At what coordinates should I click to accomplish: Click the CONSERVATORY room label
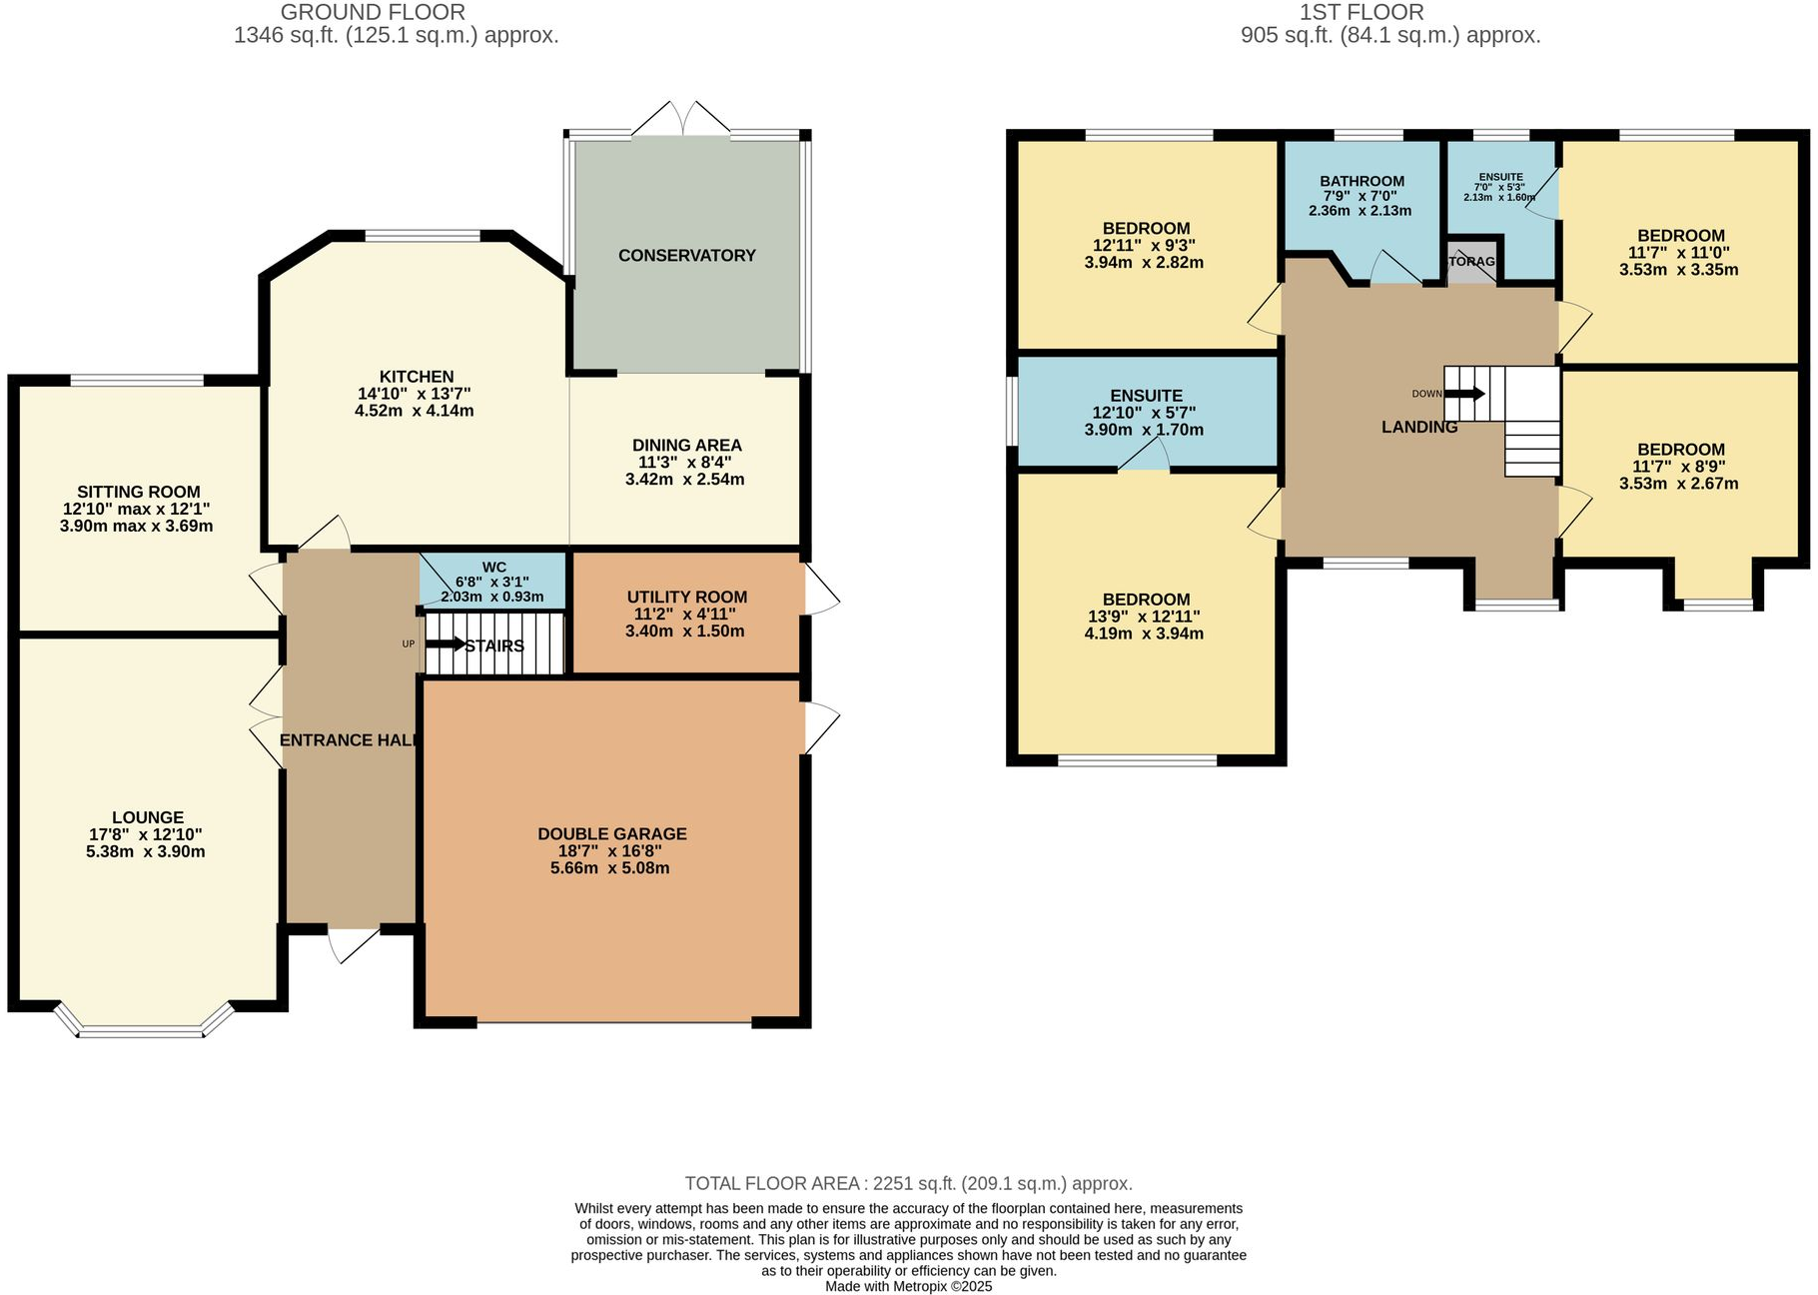coord(687,256)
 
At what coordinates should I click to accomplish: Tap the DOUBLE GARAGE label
coord(612,834)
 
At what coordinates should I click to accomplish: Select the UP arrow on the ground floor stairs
coord(445,645)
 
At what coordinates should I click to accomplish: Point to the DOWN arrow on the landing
coord(1464,394)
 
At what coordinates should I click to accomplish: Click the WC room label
coord(493,568)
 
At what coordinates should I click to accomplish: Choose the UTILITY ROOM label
coord(687,598)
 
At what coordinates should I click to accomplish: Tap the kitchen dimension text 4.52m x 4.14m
coord(415,411)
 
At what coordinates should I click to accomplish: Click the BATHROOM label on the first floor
coord(1363,182)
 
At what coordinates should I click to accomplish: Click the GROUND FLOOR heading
coord(373,13)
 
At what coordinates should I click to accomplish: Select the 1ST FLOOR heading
coord(1362,13)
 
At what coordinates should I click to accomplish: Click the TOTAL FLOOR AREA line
coord(909,1184)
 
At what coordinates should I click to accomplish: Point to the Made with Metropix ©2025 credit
coord(909,1287)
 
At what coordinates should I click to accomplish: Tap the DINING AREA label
coord(687,446)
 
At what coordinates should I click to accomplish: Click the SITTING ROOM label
coord(139,492)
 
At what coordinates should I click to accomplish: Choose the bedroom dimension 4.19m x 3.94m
coord(1144,634)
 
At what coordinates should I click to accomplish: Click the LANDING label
coord(1419,428)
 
